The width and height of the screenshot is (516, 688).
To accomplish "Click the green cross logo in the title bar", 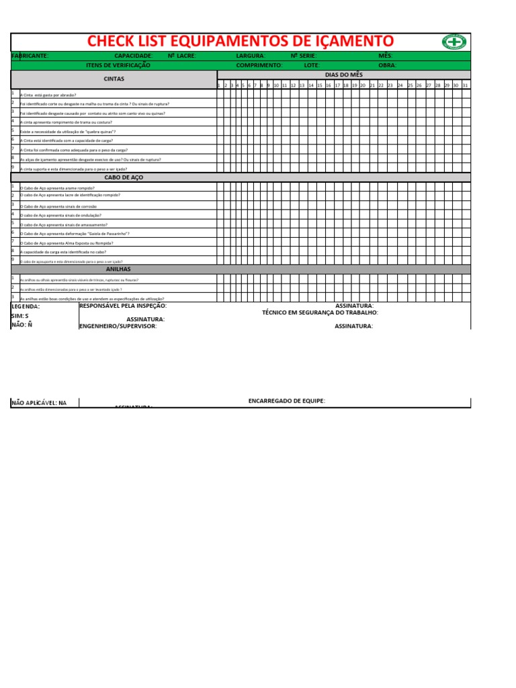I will pyautogui.click(x=454, y=42).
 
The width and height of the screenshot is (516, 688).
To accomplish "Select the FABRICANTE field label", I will pyautogui.click(x=30, y=56).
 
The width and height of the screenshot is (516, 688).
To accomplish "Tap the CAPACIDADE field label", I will pyautogui.click(x=134, y=56).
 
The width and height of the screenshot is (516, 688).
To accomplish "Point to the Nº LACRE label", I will pyautogui.click(x=181, y=56).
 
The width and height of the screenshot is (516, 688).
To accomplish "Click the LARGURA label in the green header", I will pyautogui.click(x=251, y=56).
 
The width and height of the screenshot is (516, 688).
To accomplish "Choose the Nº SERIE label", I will pyautogui.click(x=303, y=56).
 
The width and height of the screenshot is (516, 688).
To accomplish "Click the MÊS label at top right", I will pyautogui.click(x=386, y=56).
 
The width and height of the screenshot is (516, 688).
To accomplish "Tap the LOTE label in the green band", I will pyautogui.click(x=312, y=65).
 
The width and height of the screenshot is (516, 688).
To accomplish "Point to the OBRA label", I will pyautogui.click(x=388, y=65).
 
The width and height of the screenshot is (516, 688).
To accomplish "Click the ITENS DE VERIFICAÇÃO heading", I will pyautogui.click(x=118, y=65).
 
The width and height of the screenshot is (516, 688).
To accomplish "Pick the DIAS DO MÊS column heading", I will pyautogui.click(x=343, y=75).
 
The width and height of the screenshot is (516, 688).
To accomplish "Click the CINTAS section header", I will pyautogui.click(x=114, y=79).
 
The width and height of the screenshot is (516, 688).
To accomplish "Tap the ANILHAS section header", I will pyautogui.click(x=118, y=269).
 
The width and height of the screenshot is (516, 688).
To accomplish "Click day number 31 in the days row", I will pyautogui.click(x=465, y=85).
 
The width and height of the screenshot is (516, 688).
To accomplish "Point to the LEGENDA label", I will pyautogui.click(x=26, y=306).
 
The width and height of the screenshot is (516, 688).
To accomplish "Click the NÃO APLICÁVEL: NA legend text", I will pyautogui.click(x=40, y=403).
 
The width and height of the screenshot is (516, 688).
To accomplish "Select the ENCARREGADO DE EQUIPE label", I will pyautogui.click(x=287, y=400).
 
